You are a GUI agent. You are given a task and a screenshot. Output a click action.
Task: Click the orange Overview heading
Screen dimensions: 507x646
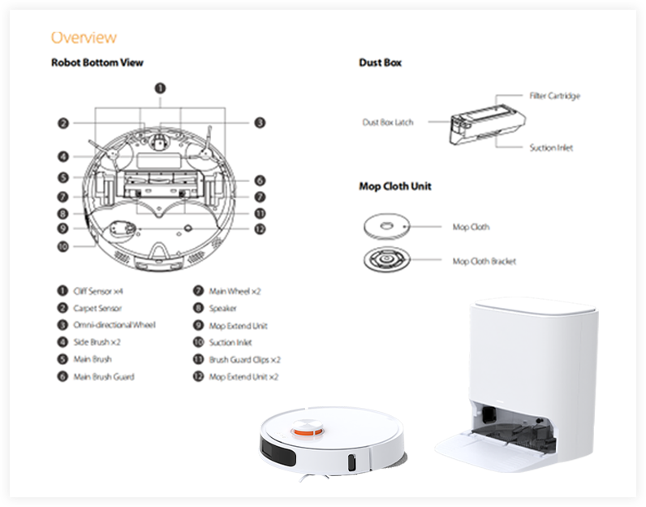[x=84, y=37]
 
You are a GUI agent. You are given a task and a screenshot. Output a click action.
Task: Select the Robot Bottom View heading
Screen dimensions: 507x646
[x=97, y=63]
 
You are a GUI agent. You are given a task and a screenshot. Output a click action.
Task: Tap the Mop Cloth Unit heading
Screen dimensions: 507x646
[x=394, y=186]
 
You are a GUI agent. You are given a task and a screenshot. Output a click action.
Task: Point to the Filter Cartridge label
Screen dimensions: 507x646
[x=554, y=96]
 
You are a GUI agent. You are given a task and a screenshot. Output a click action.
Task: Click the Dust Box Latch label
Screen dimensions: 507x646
[x=387, y=123]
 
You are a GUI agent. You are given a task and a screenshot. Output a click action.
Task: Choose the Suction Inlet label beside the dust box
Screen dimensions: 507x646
[x=551, y=148]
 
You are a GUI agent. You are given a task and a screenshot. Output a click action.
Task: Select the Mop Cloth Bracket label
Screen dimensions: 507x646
[x=484, y=261]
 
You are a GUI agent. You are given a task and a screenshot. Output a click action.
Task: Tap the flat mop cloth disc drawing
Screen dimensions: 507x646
[x=386, y=226]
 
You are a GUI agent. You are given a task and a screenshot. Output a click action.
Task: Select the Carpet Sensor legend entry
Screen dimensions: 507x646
[x=97, y=308]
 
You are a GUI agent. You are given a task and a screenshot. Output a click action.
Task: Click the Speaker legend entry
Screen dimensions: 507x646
[x=222, y=308]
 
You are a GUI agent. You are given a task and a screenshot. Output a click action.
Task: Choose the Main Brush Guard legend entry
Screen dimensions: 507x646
[x=103, y=376]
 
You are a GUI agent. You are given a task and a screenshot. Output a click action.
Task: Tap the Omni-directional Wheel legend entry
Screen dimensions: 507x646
[x=114, y=325]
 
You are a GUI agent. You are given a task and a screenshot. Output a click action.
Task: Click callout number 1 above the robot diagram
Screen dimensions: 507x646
[x=161, y=88]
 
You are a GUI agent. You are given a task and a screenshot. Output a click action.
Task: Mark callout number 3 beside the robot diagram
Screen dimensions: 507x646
[x=259, y=123]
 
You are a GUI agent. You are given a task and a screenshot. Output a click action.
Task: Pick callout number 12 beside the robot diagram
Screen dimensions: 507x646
[x=259, y=229]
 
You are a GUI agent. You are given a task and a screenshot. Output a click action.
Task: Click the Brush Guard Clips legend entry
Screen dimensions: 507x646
[x=243, y=359]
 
